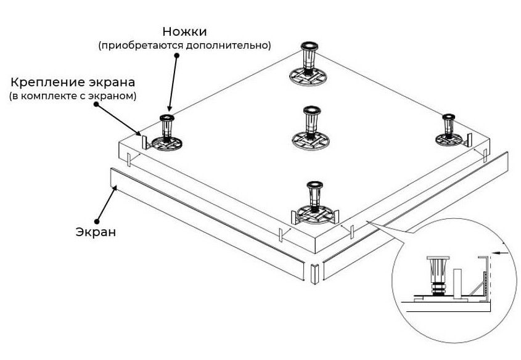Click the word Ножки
(x=185, y=31)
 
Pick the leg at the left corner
(x=166, y=133)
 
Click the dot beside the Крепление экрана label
(x=96, y=105)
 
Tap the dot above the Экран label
(x=96, y=220)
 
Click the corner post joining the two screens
(x=314, y=272)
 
